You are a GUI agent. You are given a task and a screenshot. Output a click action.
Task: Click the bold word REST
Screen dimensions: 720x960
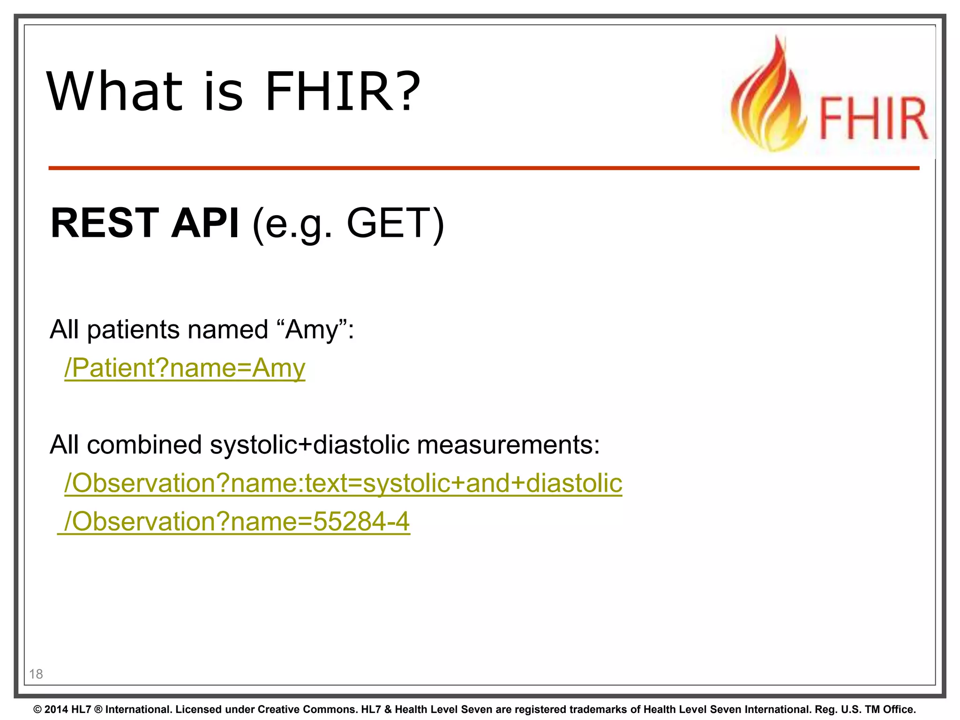point(105,223)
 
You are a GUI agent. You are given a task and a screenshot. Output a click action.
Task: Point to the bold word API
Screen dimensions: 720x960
point(205,223)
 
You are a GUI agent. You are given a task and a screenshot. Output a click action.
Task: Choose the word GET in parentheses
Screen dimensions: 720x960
point(390,223)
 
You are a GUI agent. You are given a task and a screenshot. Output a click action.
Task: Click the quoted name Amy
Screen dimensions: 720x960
point(312,330)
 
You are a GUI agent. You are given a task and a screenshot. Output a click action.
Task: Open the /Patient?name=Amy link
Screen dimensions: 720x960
point(185,368)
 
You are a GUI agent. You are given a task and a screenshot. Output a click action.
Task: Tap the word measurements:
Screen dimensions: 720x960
point(508,444)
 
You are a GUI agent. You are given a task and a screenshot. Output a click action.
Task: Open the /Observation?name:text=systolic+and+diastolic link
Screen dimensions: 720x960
point(343,483)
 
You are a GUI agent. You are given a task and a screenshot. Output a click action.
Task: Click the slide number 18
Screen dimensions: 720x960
point(36,674)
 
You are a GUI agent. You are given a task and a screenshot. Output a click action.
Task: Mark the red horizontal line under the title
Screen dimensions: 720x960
point(484,168)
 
